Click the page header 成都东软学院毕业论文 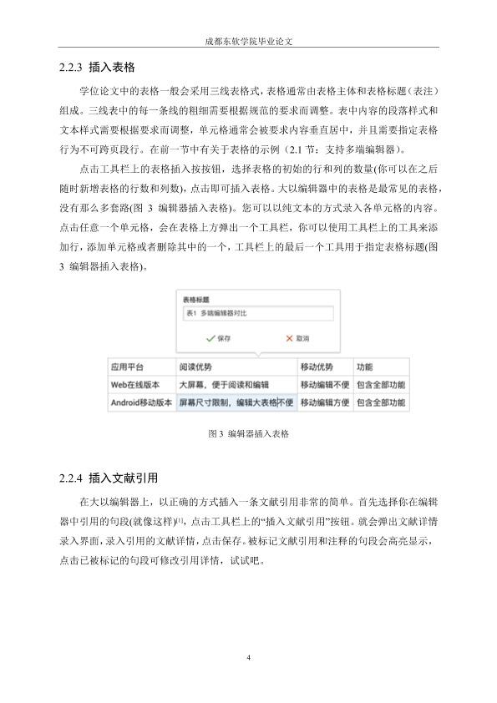pyautogui.click(x=248, y=39)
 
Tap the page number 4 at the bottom pyautogui.click(x=249, y=659)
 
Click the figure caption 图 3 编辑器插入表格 pyautogui.click(x=248, y=434)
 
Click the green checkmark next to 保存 pyautogui.click(x=209, y=338)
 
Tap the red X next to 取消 pyautogui.click(x=277, y=338)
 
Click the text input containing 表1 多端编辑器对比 pyautogui.click(x=257, y=313)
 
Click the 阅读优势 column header pyautogui.click(x=195, y=367)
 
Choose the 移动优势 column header pyautogui.click(x=316, y=367)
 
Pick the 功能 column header pyautogui.click(x=365, y=367)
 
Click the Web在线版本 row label pyautogui.click(x=134, y=384)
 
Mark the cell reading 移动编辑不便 pyautogui.click(x=324, y=384)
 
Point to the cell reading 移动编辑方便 pyautogui.click(x=324, y=402)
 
